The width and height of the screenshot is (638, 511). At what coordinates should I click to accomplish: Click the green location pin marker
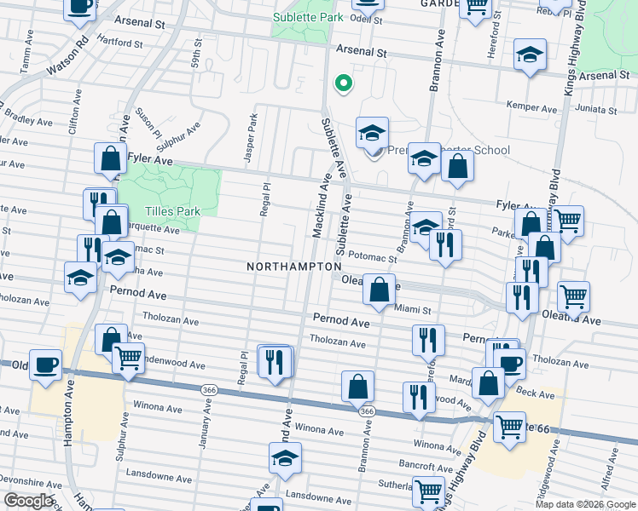(x=343, y=83)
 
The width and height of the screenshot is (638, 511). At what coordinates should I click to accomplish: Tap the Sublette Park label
(x=309, y=17)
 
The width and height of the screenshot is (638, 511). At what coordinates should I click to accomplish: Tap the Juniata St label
(x=597, y=110)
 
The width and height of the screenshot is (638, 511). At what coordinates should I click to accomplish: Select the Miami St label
(x=415, y=311)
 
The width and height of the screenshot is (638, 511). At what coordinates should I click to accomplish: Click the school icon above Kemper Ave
(x=530, y=56)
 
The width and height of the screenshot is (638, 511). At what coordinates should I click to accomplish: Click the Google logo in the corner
(x=28, y=501)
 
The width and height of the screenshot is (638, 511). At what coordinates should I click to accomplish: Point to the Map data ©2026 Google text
(x=584, y=504)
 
